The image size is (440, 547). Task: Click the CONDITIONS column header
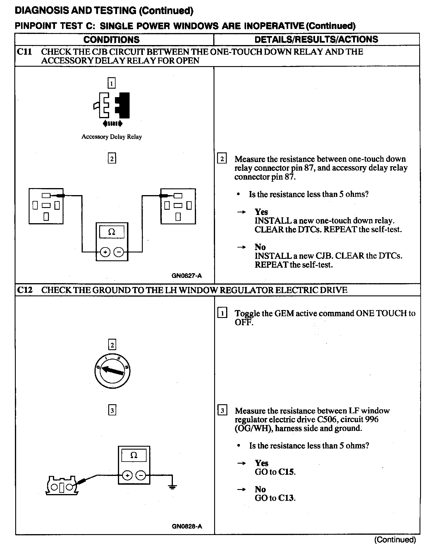[111, 39]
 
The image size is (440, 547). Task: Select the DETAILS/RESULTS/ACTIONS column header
[316, 39]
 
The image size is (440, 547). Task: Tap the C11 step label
[24, 52]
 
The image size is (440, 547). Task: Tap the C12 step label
[25, 290]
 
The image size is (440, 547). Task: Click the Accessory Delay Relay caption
[111, 137]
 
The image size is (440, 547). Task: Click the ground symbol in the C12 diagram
[173, 486]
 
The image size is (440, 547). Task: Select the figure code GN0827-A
[187, 276]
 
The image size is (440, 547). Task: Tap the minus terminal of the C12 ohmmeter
[141, 475]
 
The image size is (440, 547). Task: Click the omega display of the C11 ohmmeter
[112, 232]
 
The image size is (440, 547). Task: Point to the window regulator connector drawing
[62, 486]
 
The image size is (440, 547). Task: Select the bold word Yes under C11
[261, 212]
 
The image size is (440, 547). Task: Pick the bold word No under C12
[260, 489]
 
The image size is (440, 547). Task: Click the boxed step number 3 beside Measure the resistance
[222, 411]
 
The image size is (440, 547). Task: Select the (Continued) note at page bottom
[395, 539]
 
